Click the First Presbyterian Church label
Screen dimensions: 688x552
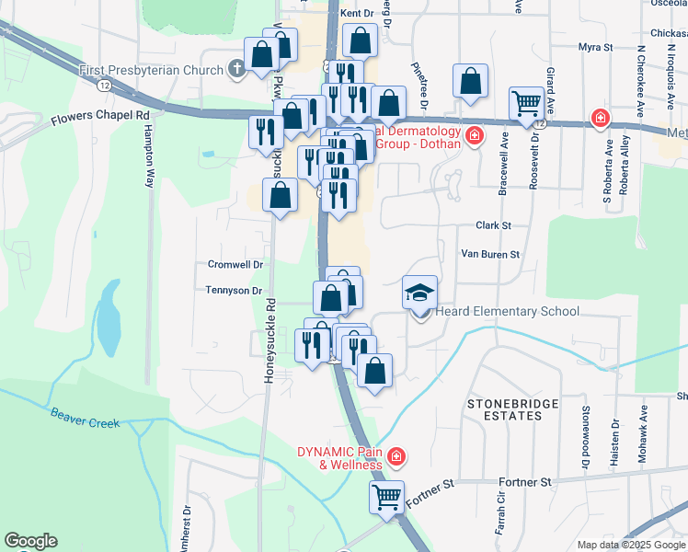pos(151,70)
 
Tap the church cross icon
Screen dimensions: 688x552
pos(236,69)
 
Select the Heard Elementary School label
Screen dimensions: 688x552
pos(508,312)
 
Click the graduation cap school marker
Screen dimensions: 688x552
pos(419,293)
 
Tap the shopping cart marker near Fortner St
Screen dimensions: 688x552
pos(387,498)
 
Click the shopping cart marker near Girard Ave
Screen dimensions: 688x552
pos(527,104)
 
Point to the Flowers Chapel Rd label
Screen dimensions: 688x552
pos(100,118)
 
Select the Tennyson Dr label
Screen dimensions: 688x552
pos(235,291)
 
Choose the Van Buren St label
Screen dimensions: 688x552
pos(490,254)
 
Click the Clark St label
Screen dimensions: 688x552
pos(493,225)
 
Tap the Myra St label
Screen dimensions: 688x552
pos(595,48)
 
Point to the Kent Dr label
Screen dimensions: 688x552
pos(357,14)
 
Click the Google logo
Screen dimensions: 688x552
pos(30,541)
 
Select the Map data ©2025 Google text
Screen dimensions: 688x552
pos(631,545)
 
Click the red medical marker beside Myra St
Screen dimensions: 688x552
pos(600,118)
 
